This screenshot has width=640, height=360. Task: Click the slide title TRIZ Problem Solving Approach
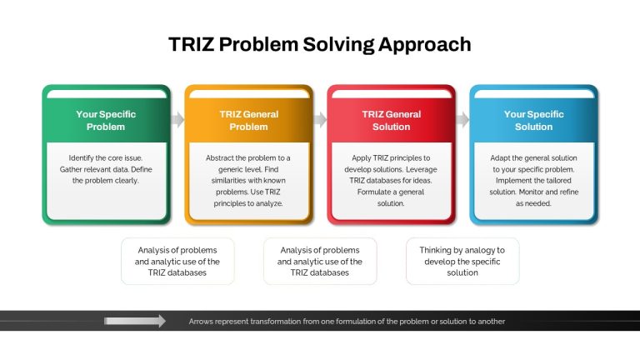(x=320, y=44)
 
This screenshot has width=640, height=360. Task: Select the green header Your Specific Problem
(x=106, y=120)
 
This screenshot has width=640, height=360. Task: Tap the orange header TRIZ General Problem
(x=248, y=120)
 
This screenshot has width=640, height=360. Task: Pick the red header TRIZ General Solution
(x=391, y=120)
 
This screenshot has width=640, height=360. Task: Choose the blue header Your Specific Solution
(x=533, y=120)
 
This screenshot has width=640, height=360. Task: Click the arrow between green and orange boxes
(x=178, y=120)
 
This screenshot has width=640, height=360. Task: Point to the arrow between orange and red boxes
(x=320, y=120)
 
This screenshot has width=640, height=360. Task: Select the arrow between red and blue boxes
(x=462, y=120)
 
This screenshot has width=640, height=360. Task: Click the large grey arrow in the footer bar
(x=135, y=321)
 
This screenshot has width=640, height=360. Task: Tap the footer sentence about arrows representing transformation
(x=347, y=322)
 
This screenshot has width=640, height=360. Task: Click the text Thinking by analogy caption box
(x=462, y=261)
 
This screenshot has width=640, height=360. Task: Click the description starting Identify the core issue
(x=106, y=169)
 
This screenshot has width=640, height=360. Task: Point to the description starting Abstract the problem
(x=248, y=180)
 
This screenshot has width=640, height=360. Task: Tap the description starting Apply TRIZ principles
(x=391, y=180)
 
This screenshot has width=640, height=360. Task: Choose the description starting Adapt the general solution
(x=534, y=180)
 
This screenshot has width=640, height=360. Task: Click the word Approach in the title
(x=424, y=45)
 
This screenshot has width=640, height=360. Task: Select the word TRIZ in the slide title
(x=191, y=44)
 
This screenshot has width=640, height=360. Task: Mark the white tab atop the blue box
(x=534, y=94)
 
